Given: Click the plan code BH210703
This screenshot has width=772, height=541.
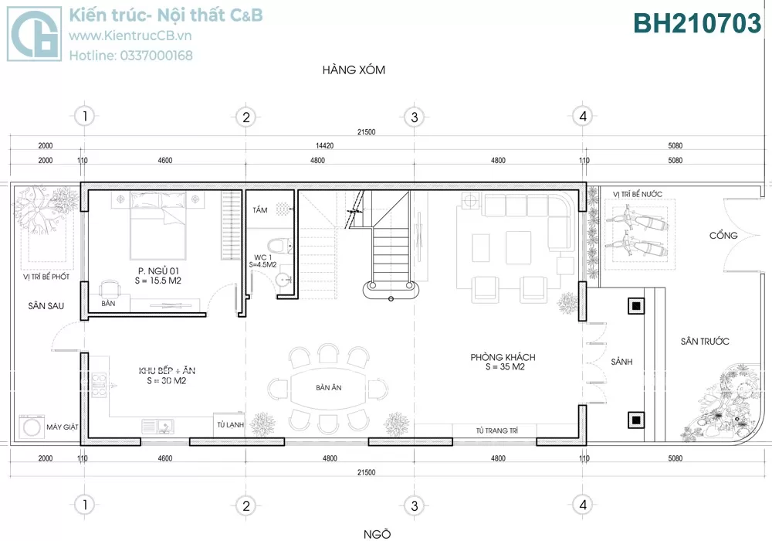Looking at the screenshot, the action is tap(696, 23).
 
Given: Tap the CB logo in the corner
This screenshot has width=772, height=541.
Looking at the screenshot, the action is tap(35, 33).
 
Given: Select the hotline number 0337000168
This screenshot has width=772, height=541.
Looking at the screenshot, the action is tap(156, 56).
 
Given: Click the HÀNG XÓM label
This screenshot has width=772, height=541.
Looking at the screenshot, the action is tap(354, 70).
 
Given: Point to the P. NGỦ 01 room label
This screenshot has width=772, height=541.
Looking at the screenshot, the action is tap(158, 271).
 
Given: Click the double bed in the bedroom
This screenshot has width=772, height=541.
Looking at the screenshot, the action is tap(158, 225).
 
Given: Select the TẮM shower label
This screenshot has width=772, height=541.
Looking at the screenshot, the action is tap(260, 210).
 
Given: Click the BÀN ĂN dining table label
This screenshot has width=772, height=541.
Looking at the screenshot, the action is tap(328, 388).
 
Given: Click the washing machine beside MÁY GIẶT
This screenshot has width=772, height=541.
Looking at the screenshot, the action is tap(32, 427).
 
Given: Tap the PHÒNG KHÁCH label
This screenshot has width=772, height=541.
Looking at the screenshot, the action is tap(503, 357).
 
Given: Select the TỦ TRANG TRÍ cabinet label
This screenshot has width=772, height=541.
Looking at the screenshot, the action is tap(496, 430).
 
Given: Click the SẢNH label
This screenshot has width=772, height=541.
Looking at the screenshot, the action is tap(621, 362).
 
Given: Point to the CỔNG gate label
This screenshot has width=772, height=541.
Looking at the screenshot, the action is tap(723, 236).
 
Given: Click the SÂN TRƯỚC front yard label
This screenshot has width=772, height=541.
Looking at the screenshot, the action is tap(705, 341).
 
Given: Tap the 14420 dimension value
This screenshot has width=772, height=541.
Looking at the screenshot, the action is tap(324, 145).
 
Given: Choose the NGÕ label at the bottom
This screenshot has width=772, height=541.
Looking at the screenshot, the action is tap(378, 534).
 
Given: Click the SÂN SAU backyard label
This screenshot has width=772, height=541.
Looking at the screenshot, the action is tap(46, 306).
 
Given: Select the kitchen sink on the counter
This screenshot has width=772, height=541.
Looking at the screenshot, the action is tap(157, 427).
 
